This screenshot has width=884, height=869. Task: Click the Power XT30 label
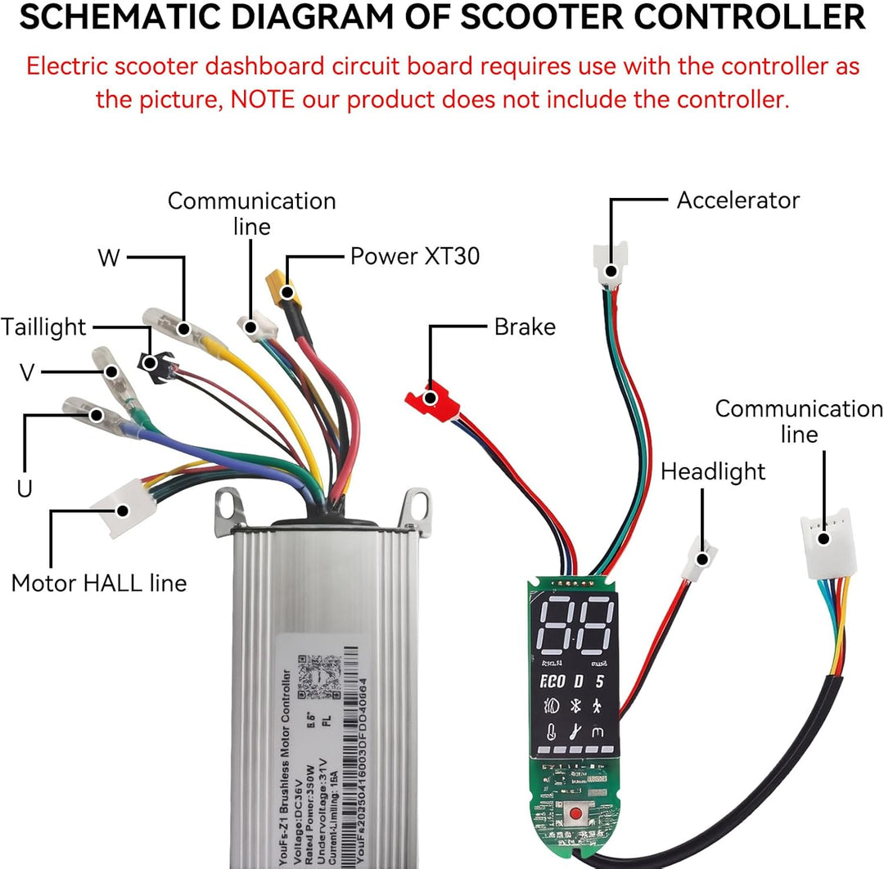(x=414, y=256)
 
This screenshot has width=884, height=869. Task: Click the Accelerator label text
(x=737, y=200)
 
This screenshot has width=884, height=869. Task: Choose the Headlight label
(x=713, y=472)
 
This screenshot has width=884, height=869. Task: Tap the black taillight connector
(x=153, y=362)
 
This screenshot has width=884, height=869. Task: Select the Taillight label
(x=43, y=327)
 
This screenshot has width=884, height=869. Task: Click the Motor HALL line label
(x=99, y=583)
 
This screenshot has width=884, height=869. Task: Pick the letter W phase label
(x=108, y=259)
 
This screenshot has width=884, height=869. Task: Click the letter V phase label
(x=27, y=373)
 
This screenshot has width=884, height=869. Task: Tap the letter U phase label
(x=25, y=489)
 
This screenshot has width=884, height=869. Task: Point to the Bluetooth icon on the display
(x=575, y=704)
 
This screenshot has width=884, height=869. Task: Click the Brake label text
(x=525, y=327)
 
